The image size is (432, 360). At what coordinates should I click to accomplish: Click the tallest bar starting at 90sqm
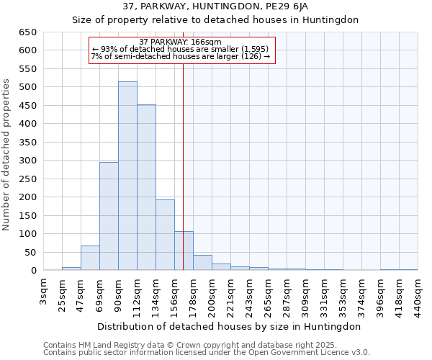coord(127,176)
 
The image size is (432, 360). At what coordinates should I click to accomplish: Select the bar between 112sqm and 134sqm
coord(146,188)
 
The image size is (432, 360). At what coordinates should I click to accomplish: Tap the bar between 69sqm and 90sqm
coord(109,216)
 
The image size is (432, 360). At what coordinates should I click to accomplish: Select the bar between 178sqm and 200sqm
coord(202,263)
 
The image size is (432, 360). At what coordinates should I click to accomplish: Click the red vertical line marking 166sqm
coord(184,144)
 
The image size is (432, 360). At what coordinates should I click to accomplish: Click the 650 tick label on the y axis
coord(27,32)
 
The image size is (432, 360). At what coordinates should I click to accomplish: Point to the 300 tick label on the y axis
coord(27,161)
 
